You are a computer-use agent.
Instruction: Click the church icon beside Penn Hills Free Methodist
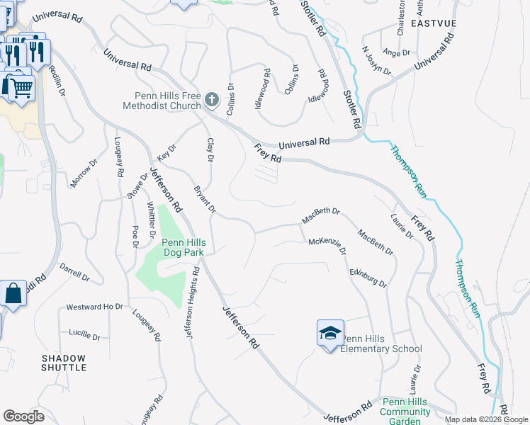coord(212,100)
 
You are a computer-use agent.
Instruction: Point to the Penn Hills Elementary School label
coord(381,344)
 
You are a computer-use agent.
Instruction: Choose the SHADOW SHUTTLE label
coord(64,363)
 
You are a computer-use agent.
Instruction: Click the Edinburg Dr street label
coord(368,277)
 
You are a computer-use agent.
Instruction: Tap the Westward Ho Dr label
coord(94,307)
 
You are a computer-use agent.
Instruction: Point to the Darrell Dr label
coord(74,273)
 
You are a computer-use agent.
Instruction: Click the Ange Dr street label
coord(396,52)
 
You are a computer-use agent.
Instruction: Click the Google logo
coord(23,416)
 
